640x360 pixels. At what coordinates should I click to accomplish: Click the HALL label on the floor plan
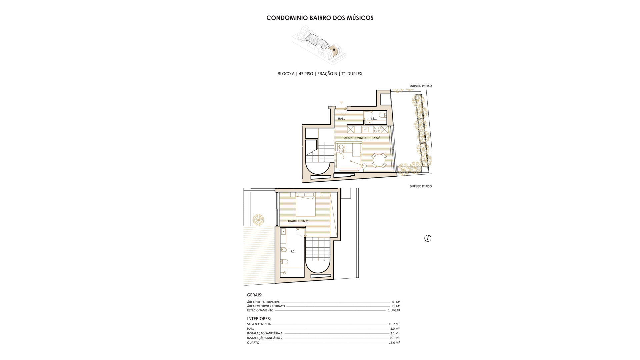pos(341,118)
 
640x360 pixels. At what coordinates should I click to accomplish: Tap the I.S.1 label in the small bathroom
pos(374,119)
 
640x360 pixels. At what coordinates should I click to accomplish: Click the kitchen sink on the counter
pos(365,129)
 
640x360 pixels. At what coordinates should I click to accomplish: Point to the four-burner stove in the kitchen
pos(377,129)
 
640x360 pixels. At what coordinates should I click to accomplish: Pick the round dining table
pos(380,161)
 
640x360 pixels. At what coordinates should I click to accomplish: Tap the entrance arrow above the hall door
pos(341,103)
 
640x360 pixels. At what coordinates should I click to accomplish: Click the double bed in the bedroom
pos(306,206)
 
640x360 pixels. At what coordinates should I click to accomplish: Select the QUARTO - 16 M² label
pos(298,221)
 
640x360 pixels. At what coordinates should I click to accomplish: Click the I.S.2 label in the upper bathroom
pos(291,251)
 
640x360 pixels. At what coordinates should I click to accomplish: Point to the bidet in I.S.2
pos(284,250)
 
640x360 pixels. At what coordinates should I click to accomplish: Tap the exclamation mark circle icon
pos(428,238)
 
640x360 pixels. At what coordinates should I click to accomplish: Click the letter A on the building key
pos(334,50)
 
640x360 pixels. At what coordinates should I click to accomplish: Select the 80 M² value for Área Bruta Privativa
pos(396,302)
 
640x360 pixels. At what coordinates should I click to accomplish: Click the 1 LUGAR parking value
pos(394,310)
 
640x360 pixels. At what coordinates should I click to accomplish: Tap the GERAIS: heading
pos(255,295)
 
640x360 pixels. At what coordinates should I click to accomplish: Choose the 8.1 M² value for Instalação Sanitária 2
pos(395,338)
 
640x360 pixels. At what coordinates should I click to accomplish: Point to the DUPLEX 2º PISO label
pos(421,186)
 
